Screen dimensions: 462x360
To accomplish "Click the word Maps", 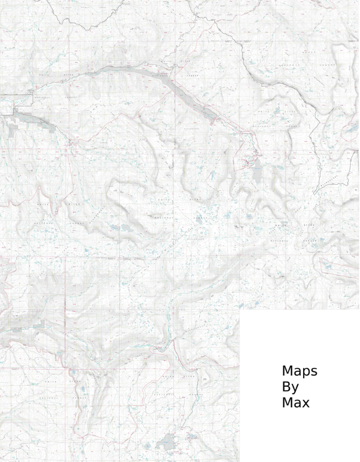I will pyautogui.click(x=299, y=371).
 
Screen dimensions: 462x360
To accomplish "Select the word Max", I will pyautogui.click(x=296, y=403).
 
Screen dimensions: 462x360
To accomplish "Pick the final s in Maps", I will pyautogui.click(x=314, y=371).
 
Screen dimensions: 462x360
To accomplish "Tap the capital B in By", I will pyautogui.click(x=286, y=387).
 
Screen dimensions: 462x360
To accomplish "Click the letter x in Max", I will pyautogui.click(x=306, y=403).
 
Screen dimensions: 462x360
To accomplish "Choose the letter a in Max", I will pyautogui.click(x=298, y=403).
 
